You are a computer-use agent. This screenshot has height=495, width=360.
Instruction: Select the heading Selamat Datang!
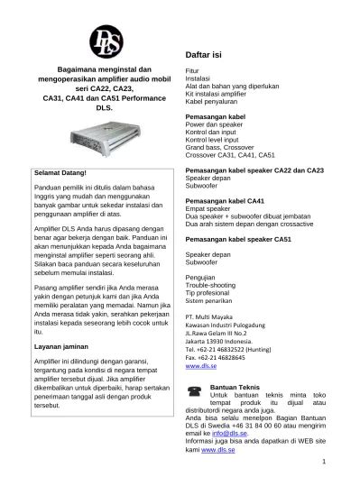pos(60,170)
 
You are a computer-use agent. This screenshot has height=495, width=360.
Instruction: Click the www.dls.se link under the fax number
pos(199,367)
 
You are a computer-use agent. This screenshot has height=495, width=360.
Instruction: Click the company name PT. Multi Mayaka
pos(209,317)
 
